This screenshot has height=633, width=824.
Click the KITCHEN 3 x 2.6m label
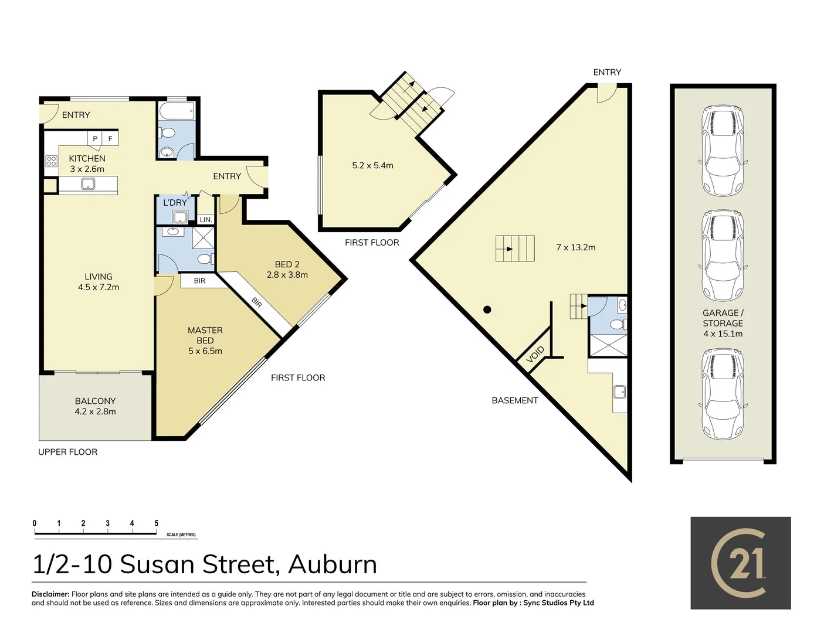pos(87,164)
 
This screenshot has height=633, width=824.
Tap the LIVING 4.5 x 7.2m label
pos(99,282)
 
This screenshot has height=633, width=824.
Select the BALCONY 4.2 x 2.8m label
pos(95,406)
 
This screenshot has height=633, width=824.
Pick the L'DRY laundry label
pos(175,203)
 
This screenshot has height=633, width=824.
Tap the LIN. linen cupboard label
pos(205,220)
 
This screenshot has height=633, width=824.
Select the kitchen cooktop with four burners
pos(52,161)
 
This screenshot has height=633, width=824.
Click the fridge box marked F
pos(110,139)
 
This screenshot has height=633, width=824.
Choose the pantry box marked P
pos(95,139)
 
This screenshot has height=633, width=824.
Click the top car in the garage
pos(723,151)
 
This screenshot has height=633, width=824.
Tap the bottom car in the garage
pos(723,394)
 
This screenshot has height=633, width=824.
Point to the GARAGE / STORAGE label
pos(723,323)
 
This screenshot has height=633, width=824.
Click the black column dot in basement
pos(487,309)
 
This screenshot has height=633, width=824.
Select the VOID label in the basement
pos(535,354)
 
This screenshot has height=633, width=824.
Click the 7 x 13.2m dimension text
pos(575,247)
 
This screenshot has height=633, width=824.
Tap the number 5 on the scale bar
pos(156,523)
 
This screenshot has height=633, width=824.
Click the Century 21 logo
pos(740,563)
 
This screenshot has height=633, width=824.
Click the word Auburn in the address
pos(333,564)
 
